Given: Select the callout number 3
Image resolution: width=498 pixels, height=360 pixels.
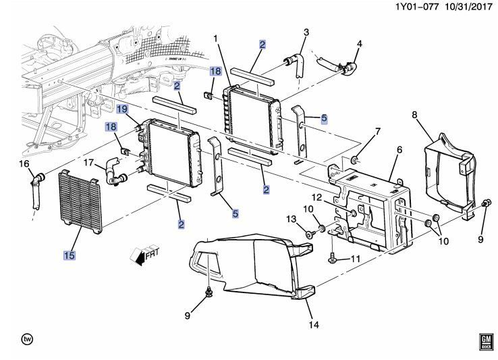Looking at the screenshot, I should tap(306, 32).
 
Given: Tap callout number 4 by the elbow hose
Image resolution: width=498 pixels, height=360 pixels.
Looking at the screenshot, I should tap(359, 44).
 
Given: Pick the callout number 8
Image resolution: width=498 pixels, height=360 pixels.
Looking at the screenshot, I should tap(414, 115).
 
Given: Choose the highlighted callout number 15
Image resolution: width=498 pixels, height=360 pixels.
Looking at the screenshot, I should tap(70, 255).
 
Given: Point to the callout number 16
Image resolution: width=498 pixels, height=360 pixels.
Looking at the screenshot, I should tap(24, 164).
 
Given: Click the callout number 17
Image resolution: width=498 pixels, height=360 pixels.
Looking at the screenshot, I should tap(88, 161).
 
